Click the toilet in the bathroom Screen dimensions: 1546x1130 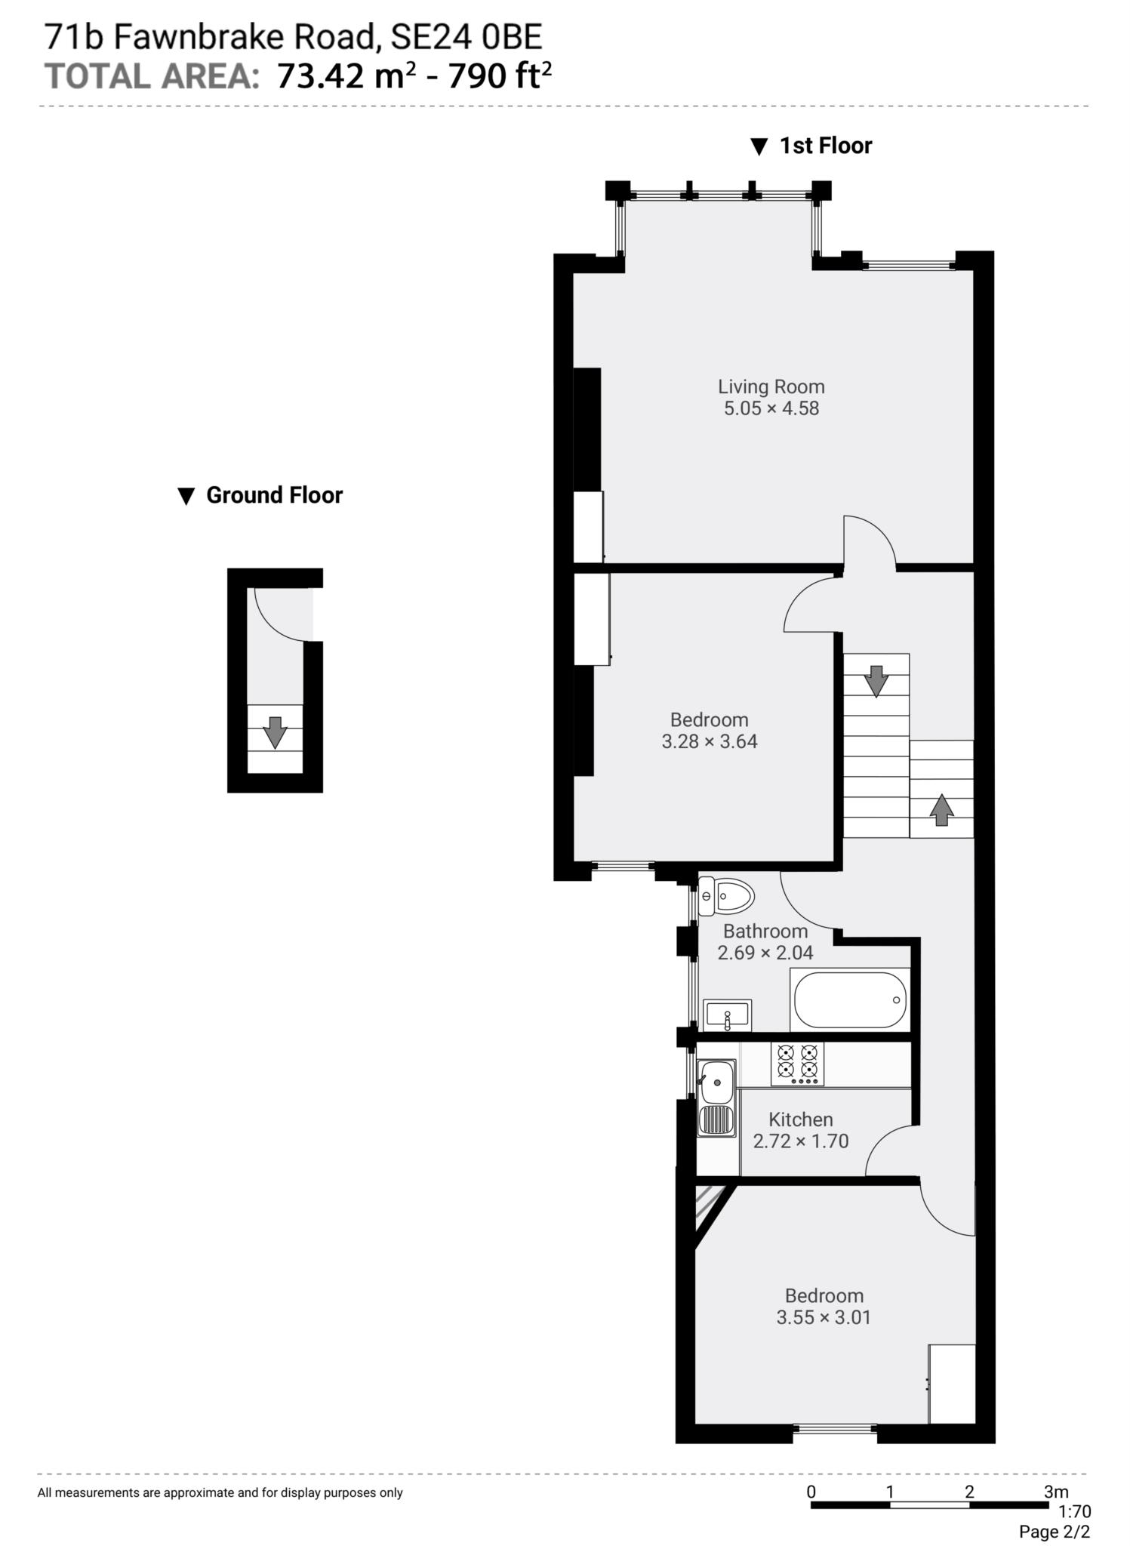tap(726, 897)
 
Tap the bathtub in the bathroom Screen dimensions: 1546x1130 tap(849, 999)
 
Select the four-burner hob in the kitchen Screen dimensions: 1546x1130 tap(797, 1063)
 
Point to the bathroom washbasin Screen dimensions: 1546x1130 tap(727, 1015)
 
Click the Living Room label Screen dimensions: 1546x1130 tap(771, 386)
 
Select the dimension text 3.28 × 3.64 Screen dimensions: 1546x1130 tap(709, 741)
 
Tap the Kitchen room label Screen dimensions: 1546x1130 tap(800, 1119)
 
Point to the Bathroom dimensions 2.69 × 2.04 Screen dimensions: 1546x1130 tap(765, 953)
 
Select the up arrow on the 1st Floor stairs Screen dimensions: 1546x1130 tap(941, 810)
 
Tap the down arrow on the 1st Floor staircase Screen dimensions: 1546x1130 tap(876, 681)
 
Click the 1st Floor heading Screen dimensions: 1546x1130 tap(825, 146)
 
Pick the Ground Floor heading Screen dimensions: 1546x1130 tap(273, 495)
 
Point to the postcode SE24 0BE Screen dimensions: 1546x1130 tap(466, 36)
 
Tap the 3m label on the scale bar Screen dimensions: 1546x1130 tap(1055, 1492)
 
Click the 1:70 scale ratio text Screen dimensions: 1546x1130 tap(1074, 1512)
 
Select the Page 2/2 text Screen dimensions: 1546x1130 tap(1054, 1532)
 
